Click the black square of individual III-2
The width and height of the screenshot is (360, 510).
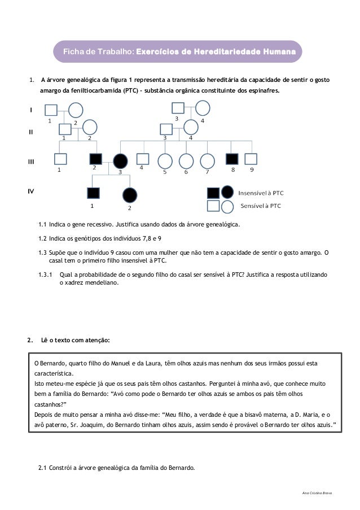[x=95, y=160]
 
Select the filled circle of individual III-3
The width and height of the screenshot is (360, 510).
[x=120, y=161]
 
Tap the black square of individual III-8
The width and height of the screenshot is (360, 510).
[x=231, y=160]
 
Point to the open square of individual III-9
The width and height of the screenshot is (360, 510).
[x=251, y=160]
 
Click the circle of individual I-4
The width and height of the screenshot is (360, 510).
[x=203, y=108]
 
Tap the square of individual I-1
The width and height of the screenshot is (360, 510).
[x=51, y=111]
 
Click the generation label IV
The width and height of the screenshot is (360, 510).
[x=32, y=191]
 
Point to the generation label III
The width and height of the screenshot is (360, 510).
[x=32, y=162]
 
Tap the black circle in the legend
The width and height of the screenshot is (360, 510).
[x=227, y=192]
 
